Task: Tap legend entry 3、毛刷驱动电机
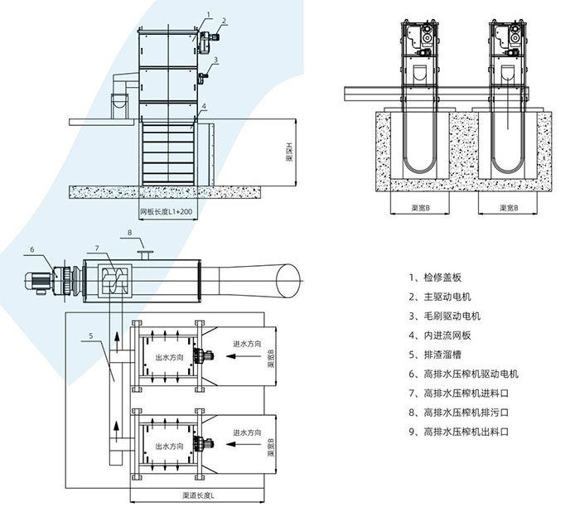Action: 447,316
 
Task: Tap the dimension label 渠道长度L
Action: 199,495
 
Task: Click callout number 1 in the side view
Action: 210,15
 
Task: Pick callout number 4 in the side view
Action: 204,106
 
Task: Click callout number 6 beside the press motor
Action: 32,249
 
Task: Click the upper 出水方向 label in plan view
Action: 168,358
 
